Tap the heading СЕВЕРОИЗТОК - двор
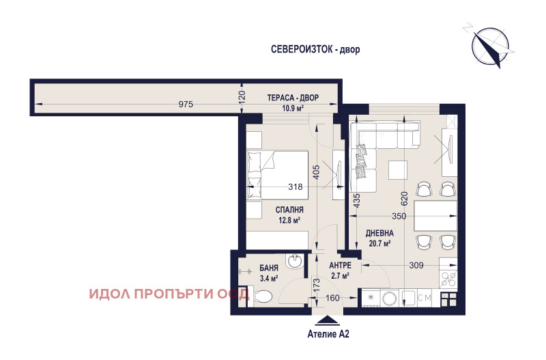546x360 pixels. click(314, 50)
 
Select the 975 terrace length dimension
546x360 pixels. click(186, 104)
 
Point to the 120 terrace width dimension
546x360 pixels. click(241, 97)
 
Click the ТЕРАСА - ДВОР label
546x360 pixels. click(293, 98)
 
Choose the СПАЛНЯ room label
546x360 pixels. click(289, 210)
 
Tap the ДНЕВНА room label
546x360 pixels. click(377, 232)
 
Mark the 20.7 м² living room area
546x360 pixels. click(377, 243)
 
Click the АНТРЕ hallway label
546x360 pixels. click(339, 265)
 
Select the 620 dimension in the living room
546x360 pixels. click(404, 198)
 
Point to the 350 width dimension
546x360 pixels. click(399, 216)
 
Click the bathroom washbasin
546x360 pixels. click(296, 262)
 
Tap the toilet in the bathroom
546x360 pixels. click(263, 296)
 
